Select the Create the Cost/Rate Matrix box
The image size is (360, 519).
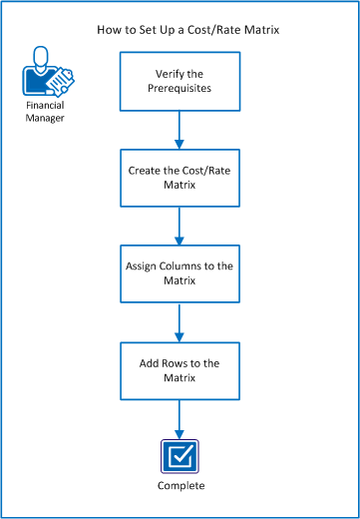(x=180, y=179)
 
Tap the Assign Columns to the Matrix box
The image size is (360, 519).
(x=180, y=274)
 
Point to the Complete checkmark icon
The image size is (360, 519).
(x=180, y=456)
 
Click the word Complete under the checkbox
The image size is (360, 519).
(x=180, y=486)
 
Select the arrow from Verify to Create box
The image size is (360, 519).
(x=180, y=129)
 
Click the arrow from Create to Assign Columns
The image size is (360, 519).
(x=180, y=226)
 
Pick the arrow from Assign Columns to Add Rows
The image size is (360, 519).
(x=180, y=321)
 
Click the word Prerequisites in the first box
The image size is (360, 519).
(x=180, y=88)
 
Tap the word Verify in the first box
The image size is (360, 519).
(x=168, y=72)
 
